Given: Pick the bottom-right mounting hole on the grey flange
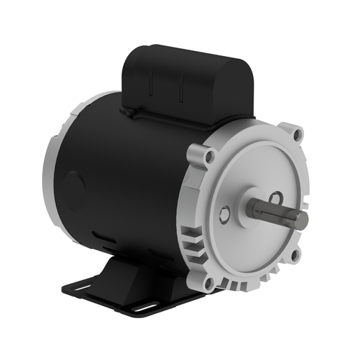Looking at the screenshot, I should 296,256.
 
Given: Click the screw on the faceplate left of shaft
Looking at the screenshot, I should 224,215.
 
